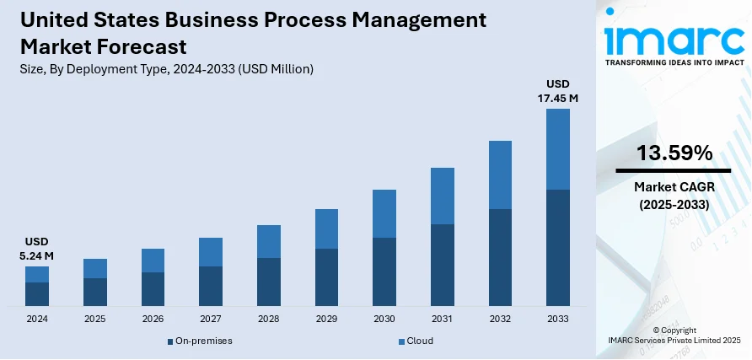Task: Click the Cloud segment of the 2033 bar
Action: click(558, 149)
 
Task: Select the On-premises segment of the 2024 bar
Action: click(37, 293)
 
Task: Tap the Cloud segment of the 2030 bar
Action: click(384, 213)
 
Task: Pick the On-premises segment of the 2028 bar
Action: click(269, 282)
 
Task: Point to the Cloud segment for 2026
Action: click(153, 261)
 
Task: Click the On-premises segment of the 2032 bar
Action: click(500, 257)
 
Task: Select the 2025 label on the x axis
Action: click(95, 320)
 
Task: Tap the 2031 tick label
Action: click(442, 320)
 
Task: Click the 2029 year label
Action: click(326, 320)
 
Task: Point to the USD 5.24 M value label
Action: click(37, 249)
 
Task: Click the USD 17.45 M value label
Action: click(558, 91)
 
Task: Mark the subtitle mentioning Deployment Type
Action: click(165, 70)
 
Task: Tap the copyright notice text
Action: click(674, 335)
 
